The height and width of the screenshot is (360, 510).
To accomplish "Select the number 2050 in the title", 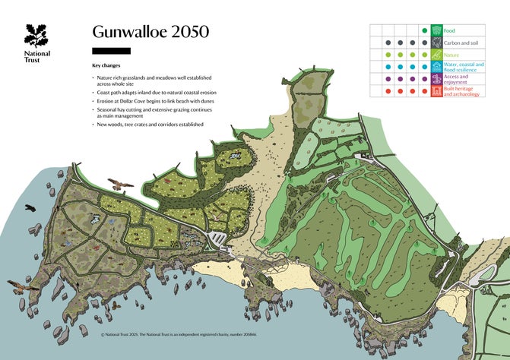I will (x=186, y=32).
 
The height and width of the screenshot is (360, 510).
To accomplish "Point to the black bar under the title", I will (x=111, y=51).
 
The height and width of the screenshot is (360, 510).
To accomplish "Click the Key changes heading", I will (x=106, y=66).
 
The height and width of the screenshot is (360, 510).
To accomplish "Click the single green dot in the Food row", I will (x=424, y=30).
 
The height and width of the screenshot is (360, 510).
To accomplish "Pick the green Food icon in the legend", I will (x=436, y=30).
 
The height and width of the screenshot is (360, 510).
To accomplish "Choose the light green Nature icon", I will (x=436, y=55).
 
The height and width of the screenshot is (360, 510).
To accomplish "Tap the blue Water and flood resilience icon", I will (x=436, y=67).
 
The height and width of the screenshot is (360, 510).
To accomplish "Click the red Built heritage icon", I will (x=436, y=91).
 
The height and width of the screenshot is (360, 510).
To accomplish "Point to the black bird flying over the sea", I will (x=30, y=207).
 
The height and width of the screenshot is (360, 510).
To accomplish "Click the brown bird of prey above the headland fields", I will (x=119, y=184).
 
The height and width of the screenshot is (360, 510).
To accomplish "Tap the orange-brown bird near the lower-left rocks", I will (x=23, y=286).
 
